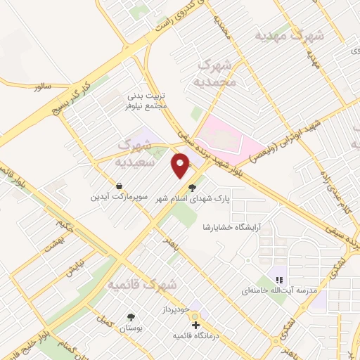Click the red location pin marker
[x=181, y=165]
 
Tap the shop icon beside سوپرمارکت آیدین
[x=120, y=186]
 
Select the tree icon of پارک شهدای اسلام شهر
[x=193, y=188]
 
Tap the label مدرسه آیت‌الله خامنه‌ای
[x=279, y=290]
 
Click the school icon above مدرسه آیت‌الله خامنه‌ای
[x=279, y=280]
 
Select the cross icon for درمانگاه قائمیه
[x=195, y=326]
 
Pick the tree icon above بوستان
[x=131, y=317]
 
